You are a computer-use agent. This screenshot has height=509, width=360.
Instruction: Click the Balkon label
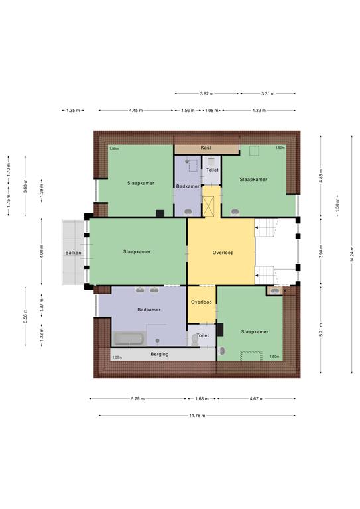(x=73, y=253)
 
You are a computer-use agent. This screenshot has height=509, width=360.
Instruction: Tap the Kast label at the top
(x=206, y=148)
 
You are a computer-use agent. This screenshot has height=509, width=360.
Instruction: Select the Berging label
(x=159, y=354)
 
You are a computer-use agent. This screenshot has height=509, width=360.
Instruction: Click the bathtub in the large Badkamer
(x=129, y=339)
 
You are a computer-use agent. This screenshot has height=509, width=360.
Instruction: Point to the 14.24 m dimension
(x=352, y=254)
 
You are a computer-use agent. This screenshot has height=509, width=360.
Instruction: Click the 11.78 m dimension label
(x=197, y=415)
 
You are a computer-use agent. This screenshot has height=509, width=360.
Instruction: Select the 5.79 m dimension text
(x=138, y=398)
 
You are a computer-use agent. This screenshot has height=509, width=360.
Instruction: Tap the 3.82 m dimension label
(x=207, y=94)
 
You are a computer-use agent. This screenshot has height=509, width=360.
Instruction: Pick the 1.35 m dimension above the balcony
(x=73, y=111)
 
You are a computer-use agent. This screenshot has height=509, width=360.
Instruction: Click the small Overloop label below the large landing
(x=202, y=302)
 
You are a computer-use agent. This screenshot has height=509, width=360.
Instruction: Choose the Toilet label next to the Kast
(x=212, y=170)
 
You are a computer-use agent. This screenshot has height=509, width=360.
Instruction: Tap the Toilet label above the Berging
(x=203, y=335)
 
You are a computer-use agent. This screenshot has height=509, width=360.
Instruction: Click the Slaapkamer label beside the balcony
(x=137, y=252)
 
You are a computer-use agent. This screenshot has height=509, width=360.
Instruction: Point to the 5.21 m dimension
(x=321, y=329)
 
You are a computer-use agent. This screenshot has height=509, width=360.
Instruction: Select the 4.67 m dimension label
(x=257, y=398)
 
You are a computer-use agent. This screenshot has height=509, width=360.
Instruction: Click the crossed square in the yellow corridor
(x=208, y=207)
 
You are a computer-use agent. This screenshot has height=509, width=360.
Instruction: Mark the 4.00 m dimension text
(x=42, y=252)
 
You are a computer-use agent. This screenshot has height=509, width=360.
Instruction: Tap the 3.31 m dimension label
(x=268, y=94)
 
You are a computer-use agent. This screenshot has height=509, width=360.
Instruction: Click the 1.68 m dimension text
(x=202, y=398)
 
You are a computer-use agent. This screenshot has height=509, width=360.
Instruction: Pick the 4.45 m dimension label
(x=136, y=111)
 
